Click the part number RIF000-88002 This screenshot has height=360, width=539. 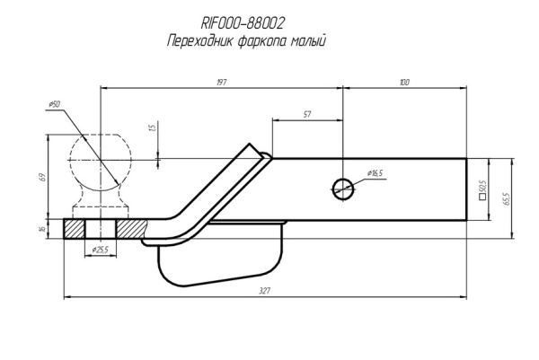coord(243,24)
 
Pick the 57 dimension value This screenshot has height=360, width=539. coord(307,115)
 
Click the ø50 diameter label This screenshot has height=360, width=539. coord(55,105)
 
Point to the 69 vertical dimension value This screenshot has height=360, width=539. coord(42,177)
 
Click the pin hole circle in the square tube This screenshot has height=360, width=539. coord(342,188)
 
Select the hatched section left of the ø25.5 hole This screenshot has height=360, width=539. coord(74,230)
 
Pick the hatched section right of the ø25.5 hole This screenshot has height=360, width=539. coord(136,230)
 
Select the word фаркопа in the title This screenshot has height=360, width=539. coord(255,41)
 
